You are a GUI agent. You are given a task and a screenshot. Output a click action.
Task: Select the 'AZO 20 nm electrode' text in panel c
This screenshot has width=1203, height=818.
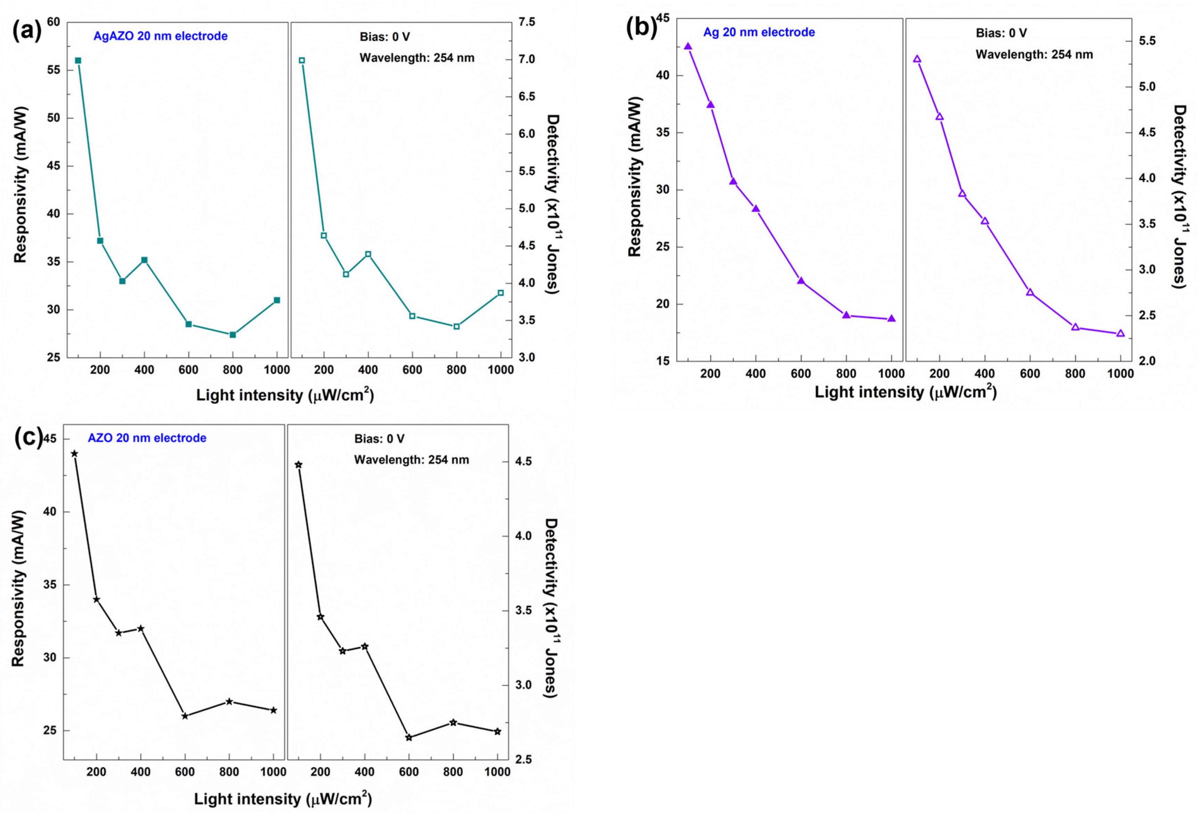coord(147,438)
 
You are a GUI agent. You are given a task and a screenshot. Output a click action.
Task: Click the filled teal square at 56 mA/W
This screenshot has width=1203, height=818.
coord(78,60)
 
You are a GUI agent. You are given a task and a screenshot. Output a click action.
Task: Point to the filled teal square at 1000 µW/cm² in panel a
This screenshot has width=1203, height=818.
coord(277,300)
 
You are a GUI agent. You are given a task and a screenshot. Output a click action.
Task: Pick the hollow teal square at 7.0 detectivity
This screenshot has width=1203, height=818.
coord(302,60)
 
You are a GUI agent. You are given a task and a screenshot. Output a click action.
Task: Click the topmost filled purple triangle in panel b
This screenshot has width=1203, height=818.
coord(688,47)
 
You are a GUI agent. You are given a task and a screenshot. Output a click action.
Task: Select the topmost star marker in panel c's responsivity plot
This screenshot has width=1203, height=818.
coord(75,454)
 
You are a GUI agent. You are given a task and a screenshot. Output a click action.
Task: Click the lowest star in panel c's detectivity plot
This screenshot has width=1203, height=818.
coord(409,738)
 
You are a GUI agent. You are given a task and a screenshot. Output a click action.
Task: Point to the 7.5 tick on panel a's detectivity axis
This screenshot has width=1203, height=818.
coord(526,22)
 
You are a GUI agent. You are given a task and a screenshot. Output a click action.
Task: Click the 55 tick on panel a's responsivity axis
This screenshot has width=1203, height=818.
coord(53,70)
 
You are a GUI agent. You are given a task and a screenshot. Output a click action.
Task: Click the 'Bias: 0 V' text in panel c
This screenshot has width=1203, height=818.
coord(379,439)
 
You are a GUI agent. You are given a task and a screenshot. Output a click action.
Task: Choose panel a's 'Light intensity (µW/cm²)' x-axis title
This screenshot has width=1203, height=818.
coord(285,395)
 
